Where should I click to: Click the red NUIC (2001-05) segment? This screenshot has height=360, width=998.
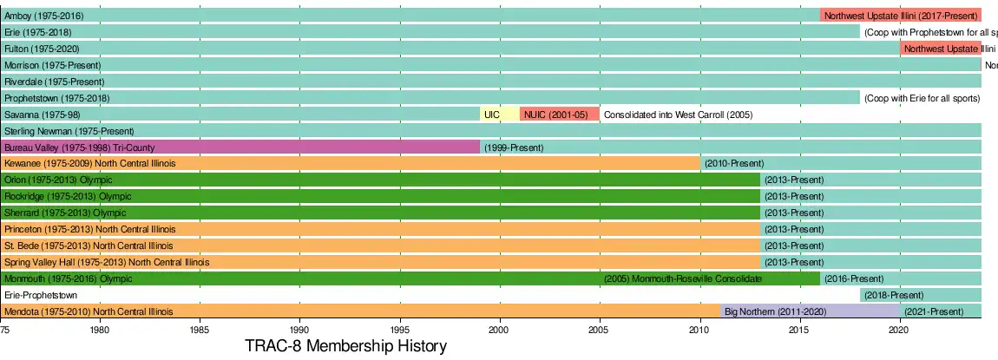tap(559, 115)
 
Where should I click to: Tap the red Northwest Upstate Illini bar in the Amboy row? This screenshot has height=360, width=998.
tap(900, 16)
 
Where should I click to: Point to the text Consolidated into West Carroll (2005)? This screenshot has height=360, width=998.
tap(678, 115)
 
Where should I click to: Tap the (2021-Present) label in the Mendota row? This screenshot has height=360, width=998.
tap(934, 311)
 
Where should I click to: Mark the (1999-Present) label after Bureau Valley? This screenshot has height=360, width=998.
tap(514, 147)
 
